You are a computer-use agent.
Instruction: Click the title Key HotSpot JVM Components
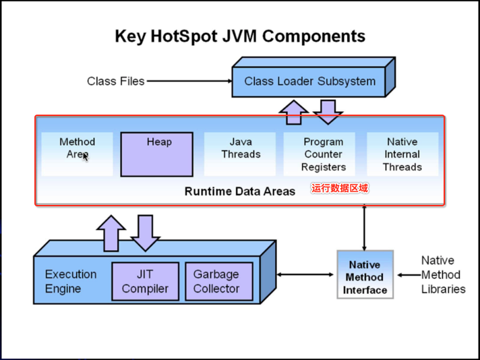coord(240,36)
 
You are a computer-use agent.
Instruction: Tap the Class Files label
coord(116,81)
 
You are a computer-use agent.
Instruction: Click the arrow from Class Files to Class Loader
coord(189,81)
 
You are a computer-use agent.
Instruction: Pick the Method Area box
coord(77,154)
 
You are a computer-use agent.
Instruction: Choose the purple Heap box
coord(156,154)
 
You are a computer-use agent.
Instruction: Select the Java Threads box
coord(240,154)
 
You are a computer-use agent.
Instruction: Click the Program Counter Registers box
coord(320,154)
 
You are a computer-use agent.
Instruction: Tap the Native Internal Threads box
coord(402,154)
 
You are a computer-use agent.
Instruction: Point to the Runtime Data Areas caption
coord(240,191)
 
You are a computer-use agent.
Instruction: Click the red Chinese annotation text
coord(340,188)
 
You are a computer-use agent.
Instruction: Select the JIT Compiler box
coord(145,281)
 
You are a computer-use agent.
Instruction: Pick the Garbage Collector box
coord(219,281)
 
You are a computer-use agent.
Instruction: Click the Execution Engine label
coord(71,281)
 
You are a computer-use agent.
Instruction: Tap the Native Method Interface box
coord(365,274)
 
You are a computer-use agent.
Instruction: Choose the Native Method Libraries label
coord(444,274)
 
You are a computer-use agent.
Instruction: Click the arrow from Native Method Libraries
coord(409,275)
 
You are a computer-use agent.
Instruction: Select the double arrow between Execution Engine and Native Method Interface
coord(305,274)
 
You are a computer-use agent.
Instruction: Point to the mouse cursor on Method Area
coord(86,157)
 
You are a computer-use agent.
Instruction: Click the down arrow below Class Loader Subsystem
coord(328,112)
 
